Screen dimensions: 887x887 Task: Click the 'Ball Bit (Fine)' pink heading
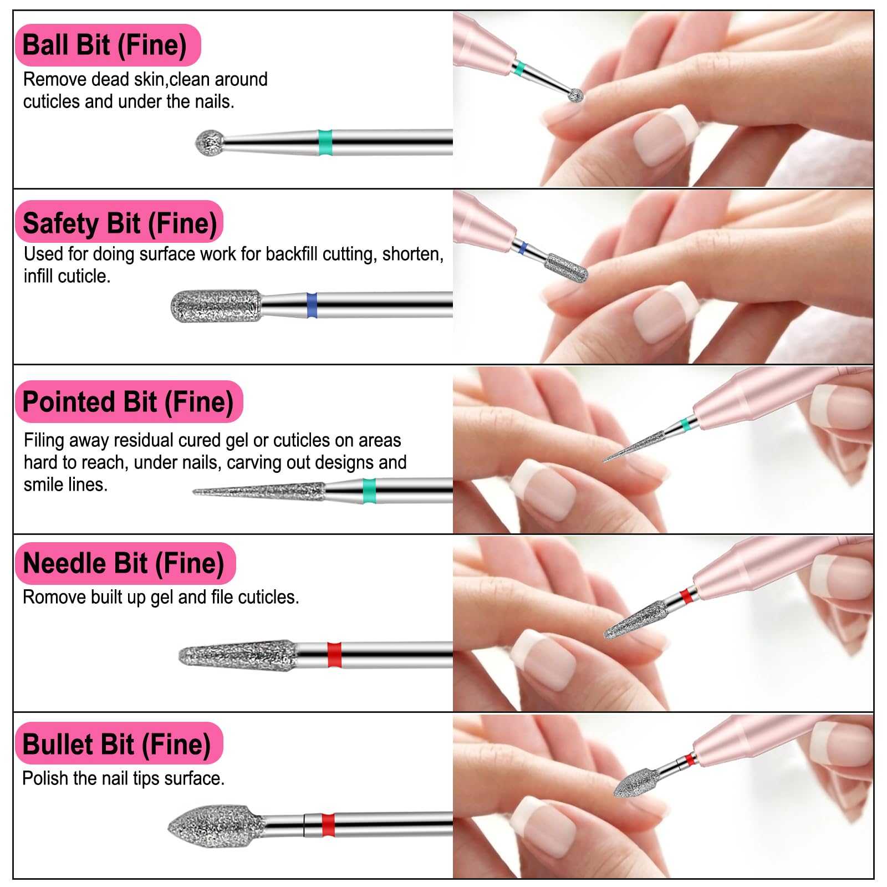click(x=108, y=45)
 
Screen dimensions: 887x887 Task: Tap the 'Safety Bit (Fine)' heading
click(x=119, y=222)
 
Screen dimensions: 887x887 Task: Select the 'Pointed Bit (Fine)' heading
click(x=129, y=402)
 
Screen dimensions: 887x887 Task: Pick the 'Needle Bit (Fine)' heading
click(x=125, y=563)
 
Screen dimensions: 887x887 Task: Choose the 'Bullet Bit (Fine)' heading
click(x=119, y=743)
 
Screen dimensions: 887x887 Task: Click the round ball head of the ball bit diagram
click(x=210, y=142)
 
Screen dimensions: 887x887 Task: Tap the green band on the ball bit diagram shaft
click(x=325, y=142)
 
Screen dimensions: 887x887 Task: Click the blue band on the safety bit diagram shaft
click(x=312, y=305)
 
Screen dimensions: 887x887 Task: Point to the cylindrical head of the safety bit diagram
click(x=216, y=305)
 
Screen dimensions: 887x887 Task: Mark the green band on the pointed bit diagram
click(x=369, y=491)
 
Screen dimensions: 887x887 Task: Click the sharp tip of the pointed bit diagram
click(x=193, y=491)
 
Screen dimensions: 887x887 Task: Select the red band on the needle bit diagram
click(x=334, y=655)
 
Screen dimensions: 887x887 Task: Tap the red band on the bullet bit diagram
click(x=328, y=825)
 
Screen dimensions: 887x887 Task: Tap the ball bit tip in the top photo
click(x=577, y=95)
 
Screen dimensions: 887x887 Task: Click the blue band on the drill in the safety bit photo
click(x=521, y=247)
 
